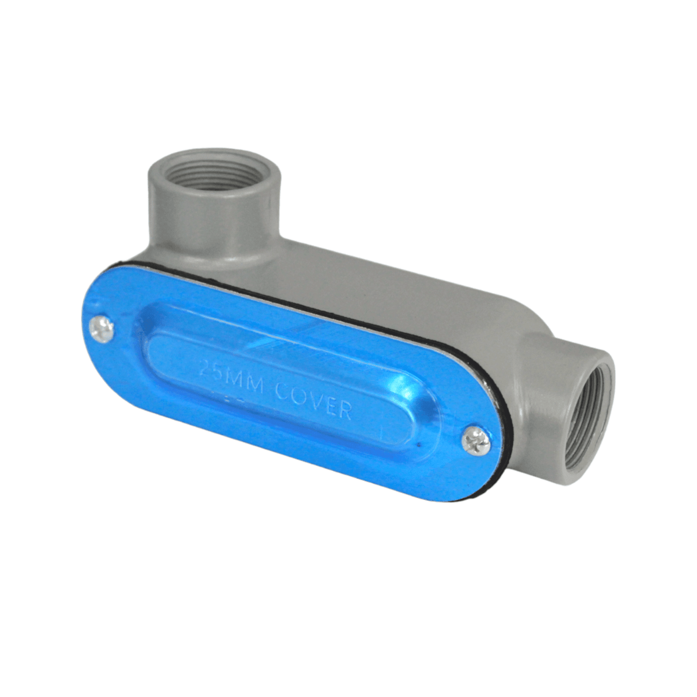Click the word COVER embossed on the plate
[312, 399]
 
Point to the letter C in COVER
[282, 390]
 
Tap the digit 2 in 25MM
[204, 368]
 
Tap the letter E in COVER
[329, 405]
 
